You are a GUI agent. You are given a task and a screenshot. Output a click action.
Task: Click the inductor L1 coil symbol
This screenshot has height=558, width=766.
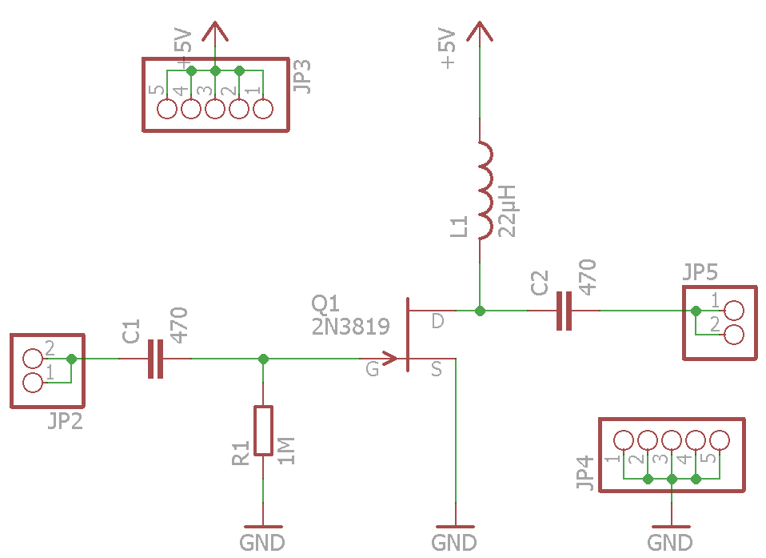pyautogui.click(x=485, y=191)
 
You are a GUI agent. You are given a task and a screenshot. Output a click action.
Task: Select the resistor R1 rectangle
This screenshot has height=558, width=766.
pyautogui.click(x=263, y=431)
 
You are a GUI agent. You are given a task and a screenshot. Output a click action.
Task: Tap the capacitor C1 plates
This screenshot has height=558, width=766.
pyautogui.click(x=155, y=359)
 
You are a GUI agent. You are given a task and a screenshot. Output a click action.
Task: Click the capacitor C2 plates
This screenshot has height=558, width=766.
pyautogui.click(x=565, y=311)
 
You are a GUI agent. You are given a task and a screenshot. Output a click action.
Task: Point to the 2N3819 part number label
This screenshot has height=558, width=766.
pyautogui.click(x=350, y=326)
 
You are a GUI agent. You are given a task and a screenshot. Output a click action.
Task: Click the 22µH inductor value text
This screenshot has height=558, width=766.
pyautogui.click(x=507, y=210)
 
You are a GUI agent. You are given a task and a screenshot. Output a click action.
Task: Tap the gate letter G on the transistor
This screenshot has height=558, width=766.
pyautogui.click(x=373, y=369)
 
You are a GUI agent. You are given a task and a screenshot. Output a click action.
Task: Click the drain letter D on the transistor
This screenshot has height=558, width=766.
pyautogui.click(x=437, y=321)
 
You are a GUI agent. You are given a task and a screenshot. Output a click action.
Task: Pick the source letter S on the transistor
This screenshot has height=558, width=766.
pyautogui.click(x=437, y=369)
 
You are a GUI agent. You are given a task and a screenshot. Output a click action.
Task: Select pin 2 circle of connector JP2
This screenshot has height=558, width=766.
pyautogui.click(x=33, y=359)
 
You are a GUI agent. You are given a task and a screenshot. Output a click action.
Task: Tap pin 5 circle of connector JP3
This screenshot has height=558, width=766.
pyautogui.click(x=167, y=109)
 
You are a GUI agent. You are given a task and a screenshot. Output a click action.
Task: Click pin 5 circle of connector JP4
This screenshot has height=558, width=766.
pyautogui.click(x=720, y=440)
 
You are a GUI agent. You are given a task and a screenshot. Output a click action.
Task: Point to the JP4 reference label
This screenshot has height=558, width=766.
pyautogui.click(x=584, y=472)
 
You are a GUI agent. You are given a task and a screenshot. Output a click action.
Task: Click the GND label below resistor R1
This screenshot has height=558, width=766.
pyautogui.click(x=262, y=543)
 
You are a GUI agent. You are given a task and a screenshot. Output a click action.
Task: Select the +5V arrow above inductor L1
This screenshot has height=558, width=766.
pyautogui.click(x=479, y=32)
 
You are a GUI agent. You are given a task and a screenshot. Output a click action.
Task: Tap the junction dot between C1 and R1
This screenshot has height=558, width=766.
pyautogui.click(x=263, y=359)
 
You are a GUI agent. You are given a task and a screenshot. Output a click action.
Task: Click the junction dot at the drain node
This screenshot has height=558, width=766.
pyautogui.click(x=479, y=311)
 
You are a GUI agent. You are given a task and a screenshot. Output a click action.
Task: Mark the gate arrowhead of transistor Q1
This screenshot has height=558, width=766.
pyautogui.click(x=390, y=359)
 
